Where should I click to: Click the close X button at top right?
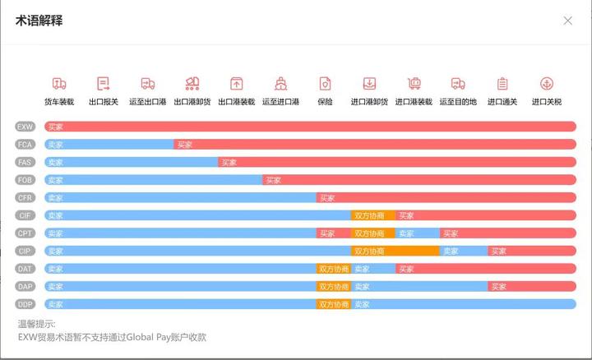coord(567,21)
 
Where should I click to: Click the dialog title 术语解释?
coord(39,21)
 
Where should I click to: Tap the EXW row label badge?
coord(25,127)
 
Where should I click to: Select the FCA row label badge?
coord(25,145)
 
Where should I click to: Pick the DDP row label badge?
coord(25,304)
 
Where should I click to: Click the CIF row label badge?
coord(25,215)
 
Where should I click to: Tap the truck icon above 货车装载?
coord(59,84)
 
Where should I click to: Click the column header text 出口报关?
coord(104,103)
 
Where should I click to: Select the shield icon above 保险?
coord(325,84)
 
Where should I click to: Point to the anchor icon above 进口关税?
coord(546,84)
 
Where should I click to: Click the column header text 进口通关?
coord(502,103)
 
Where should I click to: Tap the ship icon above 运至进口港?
coord(280,84)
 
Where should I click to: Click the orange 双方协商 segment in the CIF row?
coord(372,215)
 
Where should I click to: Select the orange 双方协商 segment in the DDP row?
coord(334,304)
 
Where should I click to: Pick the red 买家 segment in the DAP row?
coord(532,286)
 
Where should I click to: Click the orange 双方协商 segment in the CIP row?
coord(395,251)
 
